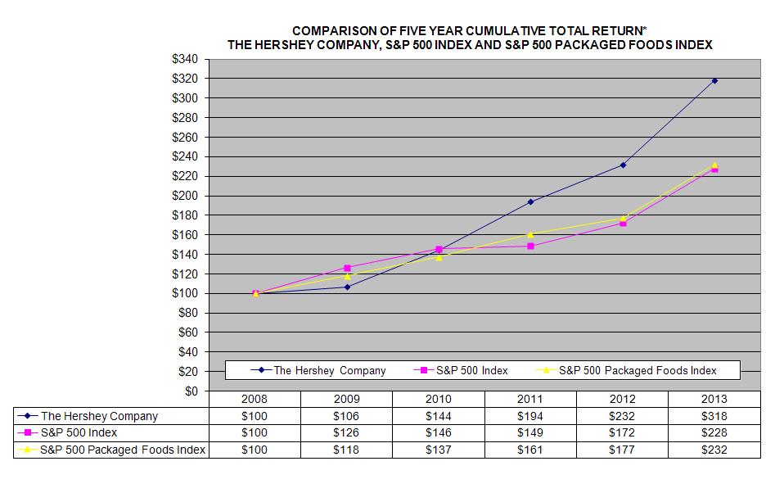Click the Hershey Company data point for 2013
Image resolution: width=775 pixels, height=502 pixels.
coord(714,80)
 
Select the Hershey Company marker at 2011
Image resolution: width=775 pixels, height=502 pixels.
coord(530,201)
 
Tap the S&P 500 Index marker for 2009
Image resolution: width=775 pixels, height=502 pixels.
coord(347,268)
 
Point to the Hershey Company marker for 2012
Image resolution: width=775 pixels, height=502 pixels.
coord(623,165)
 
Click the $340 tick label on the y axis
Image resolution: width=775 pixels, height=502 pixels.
coord(186,59)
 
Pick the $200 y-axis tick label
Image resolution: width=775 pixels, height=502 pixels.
coord(186,196)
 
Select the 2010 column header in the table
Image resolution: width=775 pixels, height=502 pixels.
coord(439,398)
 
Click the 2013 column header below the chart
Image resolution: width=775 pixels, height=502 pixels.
coord(714,398)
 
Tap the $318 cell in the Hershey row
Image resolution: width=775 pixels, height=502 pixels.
coord(714,416)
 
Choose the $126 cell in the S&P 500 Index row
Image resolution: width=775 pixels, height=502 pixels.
coord(347,432)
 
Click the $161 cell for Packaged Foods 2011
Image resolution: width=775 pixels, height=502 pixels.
coord(530,450)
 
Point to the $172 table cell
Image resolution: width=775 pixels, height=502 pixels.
coord(623,432)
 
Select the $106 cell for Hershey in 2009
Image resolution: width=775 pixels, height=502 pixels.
coord(347,416)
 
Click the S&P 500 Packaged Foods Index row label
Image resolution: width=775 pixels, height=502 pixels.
coord(123,450)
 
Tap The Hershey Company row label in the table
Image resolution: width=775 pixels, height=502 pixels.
coord(99,416)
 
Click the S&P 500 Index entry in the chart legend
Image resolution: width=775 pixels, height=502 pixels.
coord(471,370)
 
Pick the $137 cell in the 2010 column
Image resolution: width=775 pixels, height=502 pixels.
coord(439,450)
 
